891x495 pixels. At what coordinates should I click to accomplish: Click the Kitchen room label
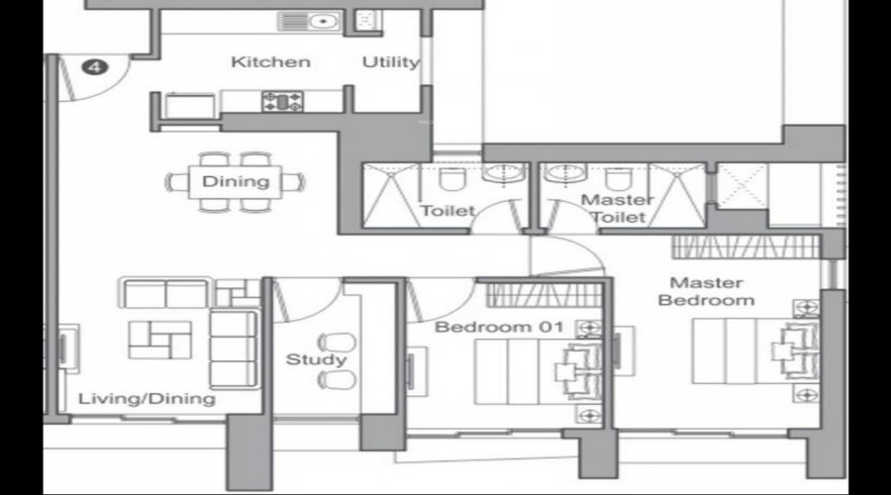pyautogui.click(x=270, y=62)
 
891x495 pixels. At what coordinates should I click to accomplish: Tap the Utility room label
pyautogui.click(x=390, y=62)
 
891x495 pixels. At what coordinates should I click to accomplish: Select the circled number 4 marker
pyautogui.click(x=95, y=67)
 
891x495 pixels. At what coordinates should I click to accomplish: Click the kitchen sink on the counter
pyautogui.click(x=309, y=21)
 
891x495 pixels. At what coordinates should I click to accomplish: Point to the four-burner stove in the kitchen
pyautogui.click(x=282, y=100)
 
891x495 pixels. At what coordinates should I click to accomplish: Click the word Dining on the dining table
pyautogui.click(x=236, y=181)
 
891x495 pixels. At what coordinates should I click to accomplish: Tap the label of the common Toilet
pyautogui.click(x=447, y=211)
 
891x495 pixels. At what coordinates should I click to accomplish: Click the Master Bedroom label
pyautogui.click(x=706, y=291)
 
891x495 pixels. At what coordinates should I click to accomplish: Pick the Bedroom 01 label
pyautogui.click(x=485, y=327)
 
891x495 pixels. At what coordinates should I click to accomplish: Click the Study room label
pyautogui.click(x=316, y=359)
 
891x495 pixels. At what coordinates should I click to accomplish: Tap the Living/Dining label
pyautogui.click(x=147, y=399)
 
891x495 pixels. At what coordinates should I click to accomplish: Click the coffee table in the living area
pyautogui.click(x=160, y=339)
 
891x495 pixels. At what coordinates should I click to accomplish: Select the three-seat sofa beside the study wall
pyautogui.click(x=233, y=346)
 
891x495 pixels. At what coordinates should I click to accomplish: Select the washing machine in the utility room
pyautogui.click(x=365, y=19)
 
